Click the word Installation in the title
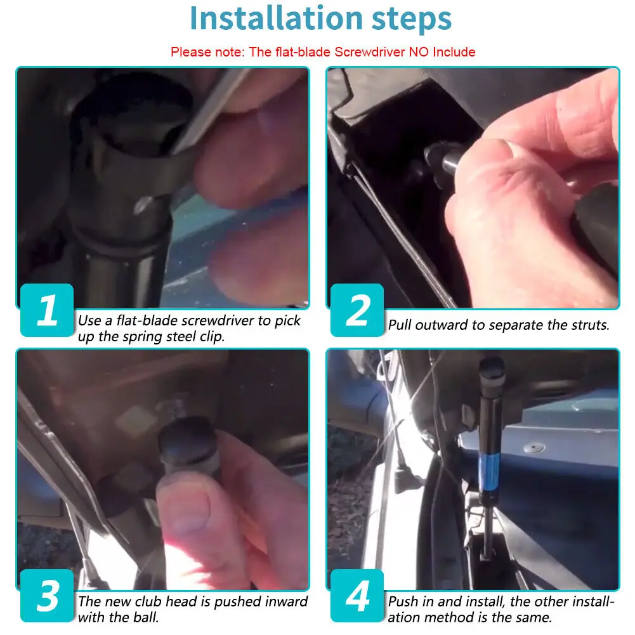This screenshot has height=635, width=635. pyautogui.click(x=276, y=18)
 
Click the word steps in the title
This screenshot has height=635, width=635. pyautogui.click(x=412, y=20)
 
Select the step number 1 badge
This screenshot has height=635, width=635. pyautogui.click(x=47, y=310)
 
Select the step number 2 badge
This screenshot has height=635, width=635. pyautogui.click(x=357, y=310)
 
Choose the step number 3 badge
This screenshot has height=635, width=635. pyautogui.click(x=47, y=595)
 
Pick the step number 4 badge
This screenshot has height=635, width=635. pyautogui.click(x=357, y=595)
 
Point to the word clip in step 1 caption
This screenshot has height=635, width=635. pyautogui.click(x=212, y=337)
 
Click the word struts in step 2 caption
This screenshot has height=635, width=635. pyautogui.click(x=590, y=325)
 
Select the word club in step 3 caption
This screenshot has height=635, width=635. pyautogui.click(x=148, y=601)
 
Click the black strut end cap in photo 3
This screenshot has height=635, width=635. pyautogui.click(x=188, y=439)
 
